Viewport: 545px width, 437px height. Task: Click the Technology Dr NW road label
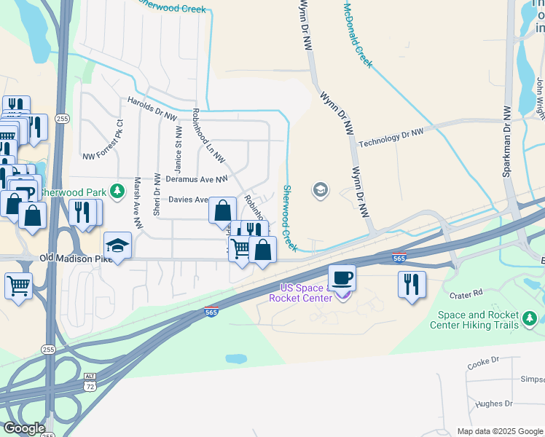pos(391,137)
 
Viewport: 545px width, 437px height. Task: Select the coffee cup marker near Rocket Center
pos(342,277)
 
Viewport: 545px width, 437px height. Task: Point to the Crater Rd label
pos(466,294)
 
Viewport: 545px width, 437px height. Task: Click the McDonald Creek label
pos(358,34)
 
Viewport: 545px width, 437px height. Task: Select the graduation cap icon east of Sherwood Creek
pos(320,191)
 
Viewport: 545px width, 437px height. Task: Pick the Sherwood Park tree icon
pos(116,192)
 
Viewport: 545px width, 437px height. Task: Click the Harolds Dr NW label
pos(152,106)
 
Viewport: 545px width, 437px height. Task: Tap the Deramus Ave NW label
pos(197,178)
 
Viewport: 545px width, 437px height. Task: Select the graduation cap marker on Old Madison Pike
pos(117,245)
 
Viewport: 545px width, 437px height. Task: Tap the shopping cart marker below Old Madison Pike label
pos(18,285)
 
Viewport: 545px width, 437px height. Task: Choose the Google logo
pos(23,428)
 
